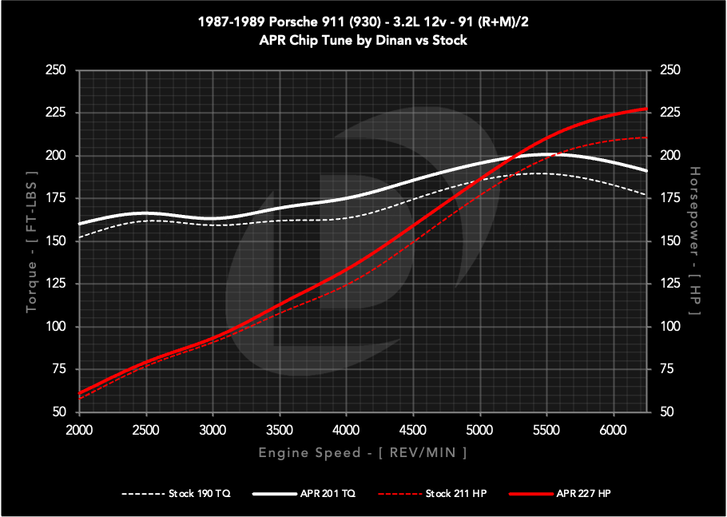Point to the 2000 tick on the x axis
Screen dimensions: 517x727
[79, 430]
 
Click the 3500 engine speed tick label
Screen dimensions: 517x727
[280, 430]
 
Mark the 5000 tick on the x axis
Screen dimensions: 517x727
[479, 430]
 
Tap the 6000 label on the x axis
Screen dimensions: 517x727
[614, 430]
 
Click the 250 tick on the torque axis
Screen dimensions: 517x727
[55, 70]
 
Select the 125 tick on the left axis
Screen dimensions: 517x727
[55, 284]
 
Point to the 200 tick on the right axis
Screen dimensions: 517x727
[668, 156]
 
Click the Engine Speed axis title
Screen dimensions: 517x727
[363, 453]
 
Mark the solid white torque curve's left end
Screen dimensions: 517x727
[80, 224]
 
